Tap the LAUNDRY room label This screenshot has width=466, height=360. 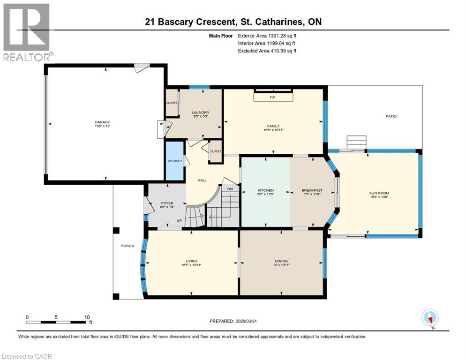200,112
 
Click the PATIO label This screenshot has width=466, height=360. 391,116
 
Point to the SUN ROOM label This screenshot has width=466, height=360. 379,193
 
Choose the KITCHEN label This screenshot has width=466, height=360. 265,191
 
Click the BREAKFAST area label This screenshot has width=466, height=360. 312,191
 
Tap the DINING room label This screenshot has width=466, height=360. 281,261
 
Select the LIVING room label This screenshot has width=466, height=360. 191,261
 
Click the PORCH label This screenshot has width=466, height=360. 128,246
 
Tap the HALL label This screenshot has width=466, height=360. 202,180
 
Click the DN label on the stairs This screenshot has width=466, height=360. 230,189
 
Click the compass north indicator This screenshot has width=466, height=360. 430,318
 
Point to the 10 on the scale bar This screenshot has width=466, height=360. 87,317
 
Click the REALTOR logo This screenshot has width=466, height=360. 27,32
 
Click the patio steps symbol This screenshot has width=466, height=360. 356,142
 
